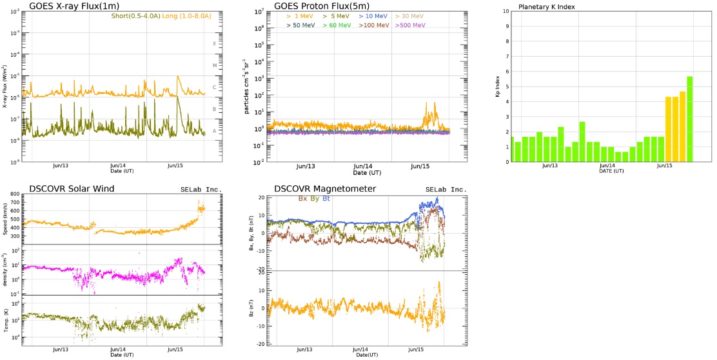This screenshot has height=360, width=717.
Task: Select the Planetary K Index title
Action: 547,6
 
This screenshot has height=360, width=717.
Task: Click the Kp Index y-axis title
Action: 498,86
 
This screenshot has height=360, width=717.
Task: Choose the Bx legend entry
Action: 302,198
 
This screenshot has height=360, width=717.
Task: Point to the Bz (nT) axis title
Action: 251,308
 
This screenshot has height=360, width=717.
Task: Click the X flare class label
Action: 215,44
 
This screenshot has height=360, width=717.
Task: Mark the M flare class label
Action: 215,66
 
